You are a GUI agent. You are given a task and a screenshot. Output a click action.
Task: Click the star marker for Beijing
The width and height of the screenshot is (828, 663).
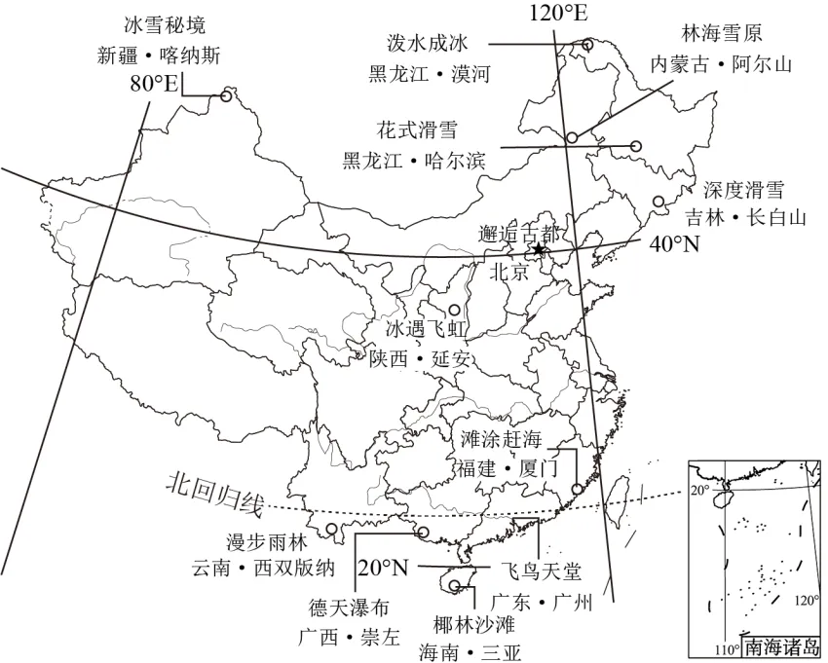[x=538, y=250]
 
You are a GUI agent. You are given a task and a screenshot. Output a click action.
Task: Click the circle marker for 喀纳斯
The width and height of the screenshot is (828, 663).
[x=226, y=95]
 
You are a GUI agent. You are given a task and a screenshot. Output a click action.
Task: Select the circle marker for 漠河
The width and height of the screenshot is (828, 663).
[x=587, y=44]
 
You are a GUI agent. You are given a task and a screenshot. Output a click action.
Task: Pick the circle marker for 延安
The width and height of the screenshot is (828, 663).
[x=453, y=310]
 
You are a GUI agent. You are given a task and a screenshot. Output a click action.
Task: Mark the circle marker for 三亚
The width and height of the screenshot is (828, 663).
[x=454, y=585]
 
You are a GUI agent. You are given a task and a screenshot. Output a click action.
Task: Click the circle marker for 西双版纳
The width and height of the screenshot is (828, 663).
[x=331, y=531]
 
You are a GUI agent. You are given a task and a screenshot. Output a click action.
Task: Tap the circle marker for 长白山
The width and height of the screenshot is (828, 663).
[x=659, y=202]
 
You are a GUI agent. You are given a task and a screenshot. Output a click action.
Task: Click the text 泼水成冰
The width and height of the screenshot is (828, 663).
[x=427, y=43]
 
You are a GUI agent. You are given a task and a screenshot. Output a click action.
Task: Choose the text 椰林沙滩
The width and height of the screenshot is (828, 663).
[x=457, y=621]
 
